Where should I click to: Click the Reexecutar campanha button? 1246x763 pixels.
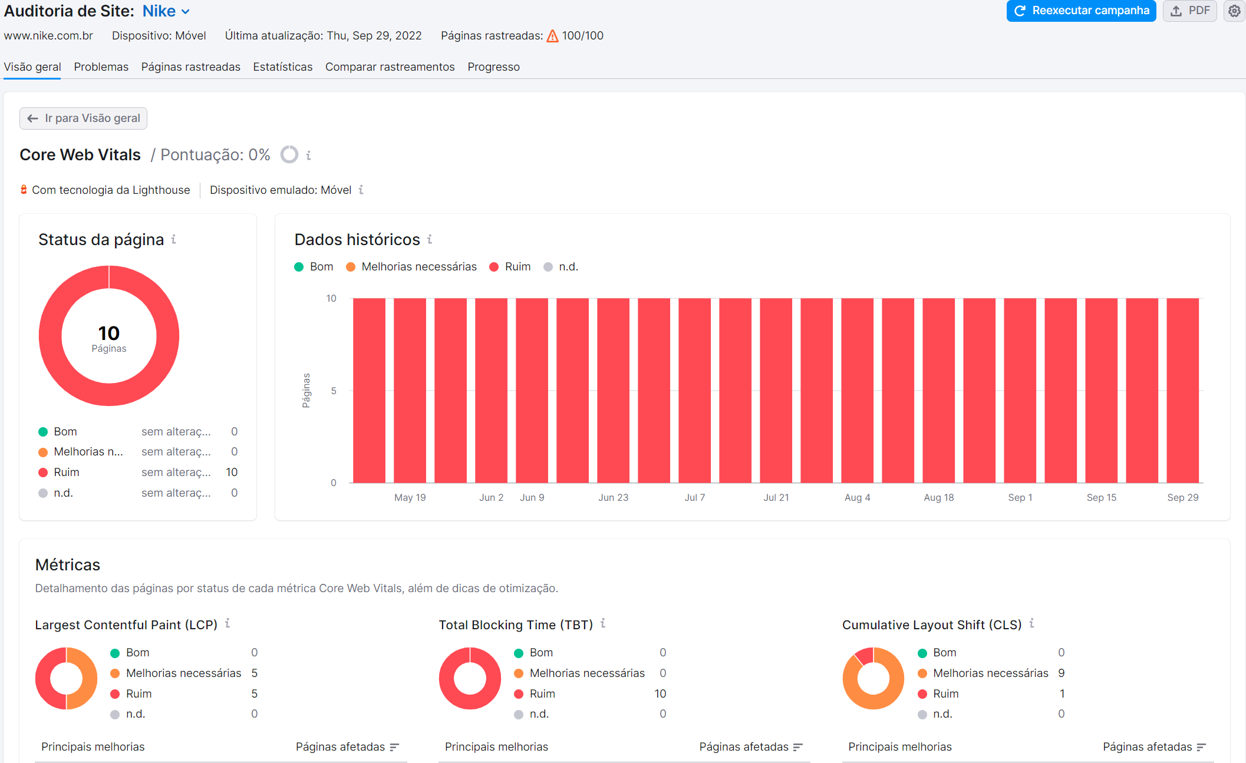pos(1081,11)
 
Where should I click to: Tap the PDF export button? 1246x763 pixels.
pos(1189,11)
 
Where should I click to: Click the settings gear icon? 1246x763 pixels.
pos(1234,11)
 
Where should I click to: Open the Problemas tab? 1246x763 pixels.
pos(101,67)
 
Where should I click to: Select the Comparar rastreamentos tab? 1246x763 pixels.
pos(390,67)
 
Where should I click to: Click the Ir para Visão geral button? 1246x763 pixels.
pos(83,118)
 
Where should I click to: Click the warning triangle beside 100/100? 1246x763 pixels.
pos(552,36)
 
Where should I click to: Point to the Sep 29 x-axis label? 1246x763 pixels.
pos(1182,497)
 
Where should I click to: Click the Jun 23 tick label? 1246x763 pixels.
pos(613,497)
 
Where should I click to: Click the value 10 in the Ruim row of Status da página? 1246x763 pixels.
pos(232,472)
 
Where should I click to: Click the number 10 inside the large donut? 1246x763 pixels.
pos(108,333)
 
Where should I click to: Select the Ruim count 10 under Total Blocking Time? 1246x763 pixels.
pos(660,693)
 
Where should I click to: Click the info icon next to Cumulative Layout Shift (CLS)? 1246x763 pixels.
pos(1031,623)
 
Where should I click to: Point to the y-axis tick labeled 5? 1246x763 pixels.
pos(334,391)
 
